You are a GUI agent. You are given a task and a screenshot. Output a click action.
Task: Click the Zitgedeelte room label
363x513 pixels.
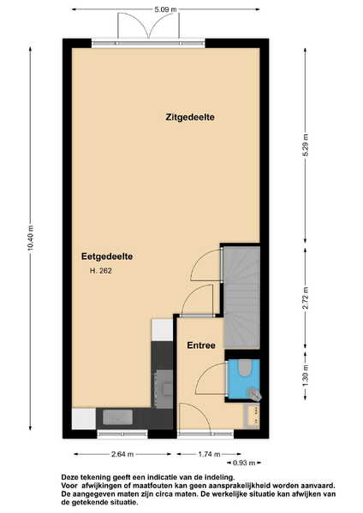(x=190, y=117)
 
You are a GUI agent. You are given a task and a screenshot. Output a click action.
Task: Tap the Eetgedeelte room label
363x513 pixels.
(x=107, y=256)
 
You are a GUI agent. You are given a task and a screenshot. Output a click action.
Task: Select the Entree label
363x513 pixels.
(x=201, y=345)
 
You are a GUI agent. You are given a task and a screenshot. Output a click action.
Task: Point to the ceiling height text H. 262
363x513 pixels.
(x=100, y=271)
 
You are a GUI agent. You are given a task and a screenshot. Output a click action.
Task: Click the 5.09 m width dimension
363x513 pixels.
(x=165, y=9)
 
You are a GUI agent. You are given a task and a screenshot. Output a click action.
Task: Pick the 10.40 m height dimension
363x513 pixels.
(x=31, y=239)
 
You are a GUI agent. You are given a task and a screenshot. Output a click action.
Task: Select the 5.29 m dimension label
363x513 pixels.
(x=306, y=145)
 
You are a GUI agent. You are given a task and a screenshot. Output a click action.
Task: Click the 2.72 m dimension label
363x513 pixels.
(x=306, y=298)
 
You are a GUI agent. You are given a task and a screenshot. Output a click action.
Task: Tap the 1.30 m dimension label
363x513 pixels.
(x=306, y=375)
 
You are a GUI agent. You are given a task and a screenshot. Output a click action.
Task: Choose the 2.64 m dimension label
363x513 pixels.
(x=122, y=454)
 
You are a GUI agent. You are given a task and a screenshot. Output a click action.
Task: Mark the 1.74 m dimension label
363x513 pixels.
(x=210, y=454)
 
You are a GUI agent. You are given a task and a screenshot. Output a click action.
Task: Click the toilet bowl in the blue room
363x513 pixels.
(x=244, y=369)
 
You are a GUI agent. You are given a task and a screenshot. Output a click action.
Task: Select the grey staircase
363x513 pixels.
(x=241, y=298)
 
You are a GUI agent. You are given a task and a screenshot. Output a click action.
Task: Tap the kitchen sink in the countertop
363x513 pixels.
(x=117, y=417)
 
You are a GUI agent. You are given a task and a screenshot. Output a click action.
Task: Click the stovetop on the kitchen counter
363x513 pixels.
(x=164, y=389)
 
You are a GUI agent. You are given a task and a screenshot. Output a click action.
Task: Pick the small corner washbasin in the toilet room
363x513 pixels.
(x=254, y=393)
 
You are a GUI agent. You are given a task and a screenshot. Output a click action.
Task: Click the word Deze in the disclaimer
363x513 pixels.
(x=68, y=477)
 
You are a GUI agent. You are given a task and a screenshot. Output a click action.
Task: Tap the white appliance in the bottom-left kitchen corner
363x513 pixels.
(x=84, y=418)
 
